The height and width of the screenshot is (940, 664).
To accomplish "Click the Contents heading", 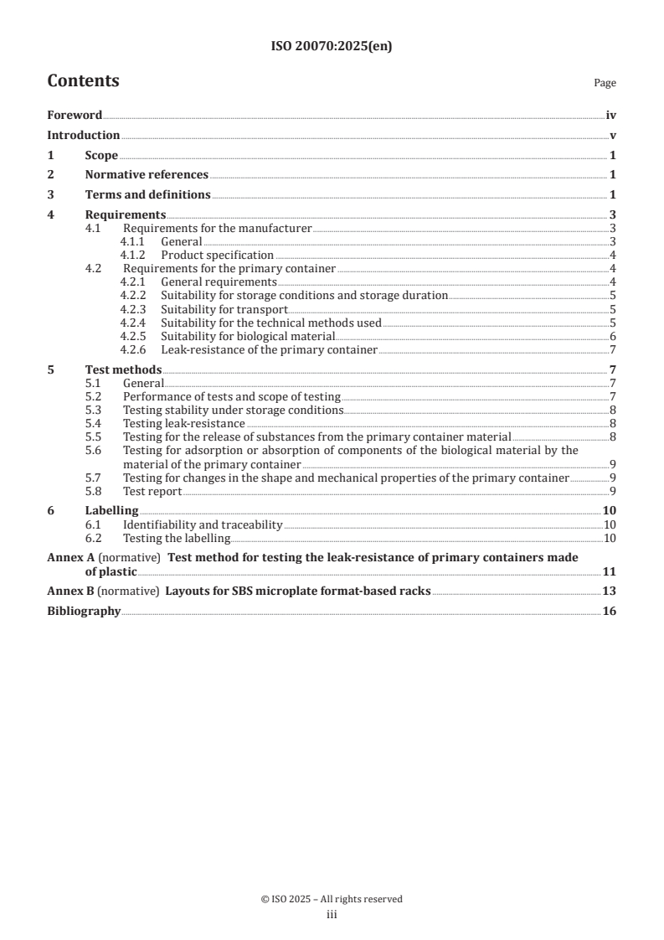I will point(83,81).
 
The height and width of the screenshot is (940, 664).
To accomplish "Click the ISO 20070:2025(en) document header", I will point(332,47).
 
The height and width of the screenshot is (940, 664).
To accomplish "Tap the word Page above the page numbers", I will point(605,83).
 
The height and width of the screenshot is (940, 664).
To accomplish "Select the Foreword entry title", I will point(75,115).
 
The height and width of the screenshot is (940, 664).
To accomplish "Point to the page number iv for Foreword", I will point(611,115).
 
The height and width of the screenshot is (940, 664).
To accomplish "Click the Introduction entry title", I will point(83,135).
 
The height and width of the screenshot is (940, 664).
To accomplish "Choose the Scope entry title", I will point(101,155).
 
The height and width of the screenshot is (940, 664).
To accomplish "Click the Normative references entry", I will point(147,175).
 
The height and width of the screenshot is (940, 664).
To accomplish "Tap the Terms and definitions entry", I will point(147,195).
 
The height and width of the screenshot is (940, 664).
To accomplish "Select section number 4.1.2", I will point(133,255).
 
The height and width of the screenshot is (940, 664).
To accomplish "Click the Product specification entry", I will point(217,255).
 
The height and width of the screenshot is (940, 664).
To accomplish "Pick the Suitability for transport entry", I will point(224,309).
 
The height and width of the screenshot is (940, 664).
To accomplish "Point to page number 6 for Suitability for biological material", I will point(613,336).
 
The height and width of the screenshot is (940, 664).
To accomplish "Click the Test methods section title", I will point(123,369).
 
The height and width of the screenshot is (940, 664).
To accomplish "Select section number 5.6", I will point(94,450).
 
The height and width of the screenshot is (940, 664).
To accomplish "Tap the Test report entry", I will point(152,490).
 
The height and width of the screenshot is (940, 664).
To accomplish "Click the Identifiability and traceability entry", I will point(203,524).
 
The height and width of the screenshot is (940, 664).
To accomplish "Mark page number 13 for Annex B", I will point(610,591).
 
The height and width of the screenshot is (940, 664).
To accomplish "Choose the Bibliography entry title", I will point(84,612).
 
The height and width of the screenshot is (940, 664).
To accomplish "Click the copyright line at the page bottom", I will point(332,899).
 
